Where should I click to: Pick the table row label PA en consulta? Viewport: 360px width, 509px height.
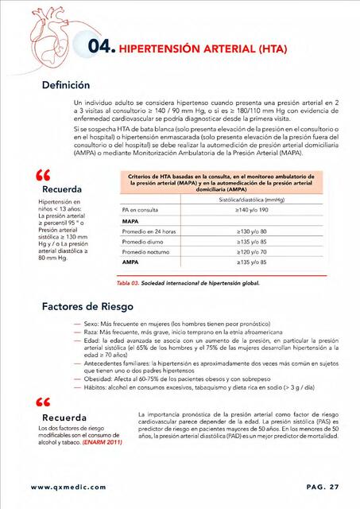pos(140,209)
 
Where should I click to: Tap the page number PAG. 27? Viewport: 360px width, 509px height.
pos(322,487)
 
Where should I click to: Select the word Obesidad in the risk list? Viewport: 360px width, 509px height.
pos(98,377)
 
